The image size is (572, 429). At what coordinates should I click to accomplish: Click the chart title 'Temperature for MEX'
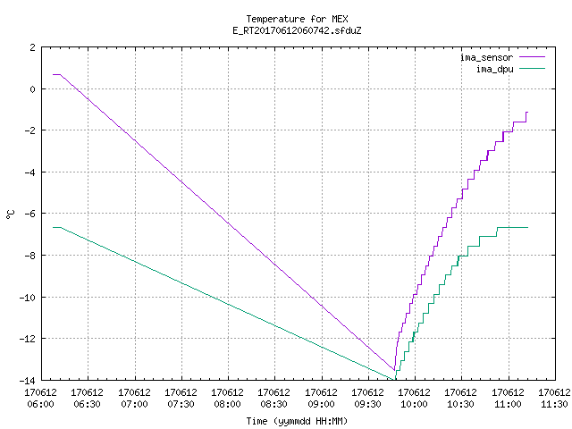(x=297, y=19)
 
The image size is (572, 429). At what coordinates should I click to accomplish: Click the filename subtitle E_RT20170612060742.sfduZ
(x=297, y=30)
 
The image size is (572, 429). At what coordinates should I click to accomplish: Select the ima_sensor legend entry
(x=502, y=57)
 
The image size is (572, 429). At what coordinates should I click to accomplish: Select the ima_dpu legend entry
(x=510, y=69)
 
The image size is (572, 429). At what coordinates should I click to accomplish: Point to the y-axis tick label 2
(x=33, y=47)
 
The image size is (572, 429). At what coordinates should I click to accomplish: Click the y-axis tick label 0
(x=33, y=89)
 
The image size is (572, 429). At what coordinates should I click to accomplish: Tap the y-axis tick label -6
(x=29, y=214)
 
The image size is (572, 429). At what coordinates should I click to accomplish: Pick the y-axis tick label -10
(x=28, y=298)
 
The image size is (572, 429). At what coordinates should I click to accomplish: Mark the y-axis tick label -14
(x=28, y=381)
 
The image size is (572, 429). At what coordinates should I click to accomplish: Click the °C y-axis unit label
(x=11, y=214)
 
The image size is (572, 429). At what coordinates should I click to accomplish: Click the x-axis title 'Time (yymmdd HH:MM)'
(x=297, y=421)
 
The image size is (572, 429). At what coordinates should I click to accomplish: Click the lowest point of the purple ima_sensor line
(x=394, y=370)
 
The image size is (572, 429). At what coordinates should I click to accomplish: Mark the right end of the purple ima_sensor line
(x=527, y=113)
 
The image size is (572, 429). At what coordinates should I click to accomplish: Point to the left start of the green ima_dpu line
(x=54, y=227)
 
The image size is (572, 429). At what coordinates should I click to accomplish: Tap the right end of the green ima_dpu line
(x=527, y=227)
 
